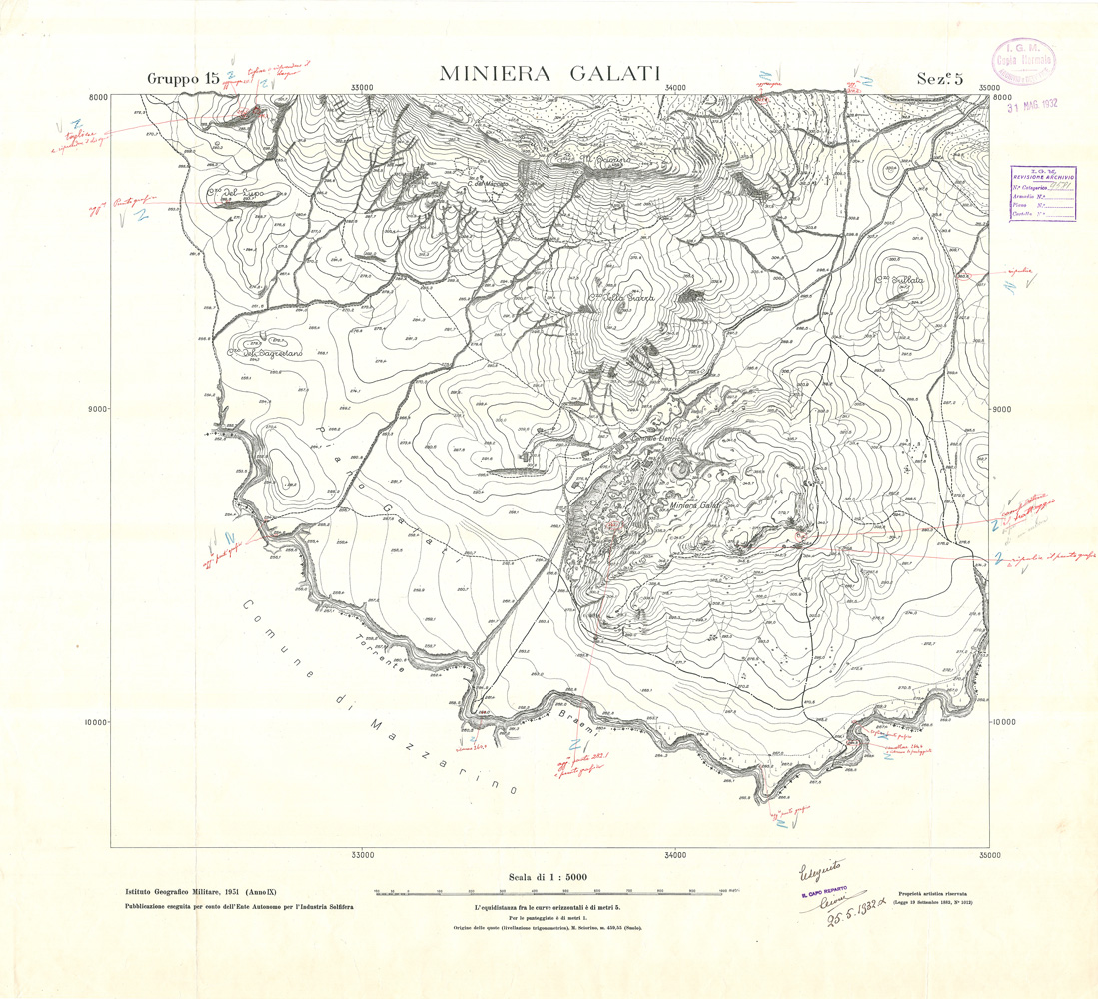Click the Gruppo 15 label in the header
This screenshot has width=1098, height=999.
coord(183,79)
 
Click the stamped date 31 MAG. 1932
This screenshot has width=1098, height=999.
coord(1031,103)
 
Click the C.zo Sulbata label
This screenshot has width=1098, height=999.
coord(898,282)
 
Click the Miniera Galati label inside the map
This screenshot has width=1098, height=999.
coord(695,506)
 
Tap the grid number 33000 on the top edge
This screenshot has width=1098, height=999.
coord(362,88)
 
